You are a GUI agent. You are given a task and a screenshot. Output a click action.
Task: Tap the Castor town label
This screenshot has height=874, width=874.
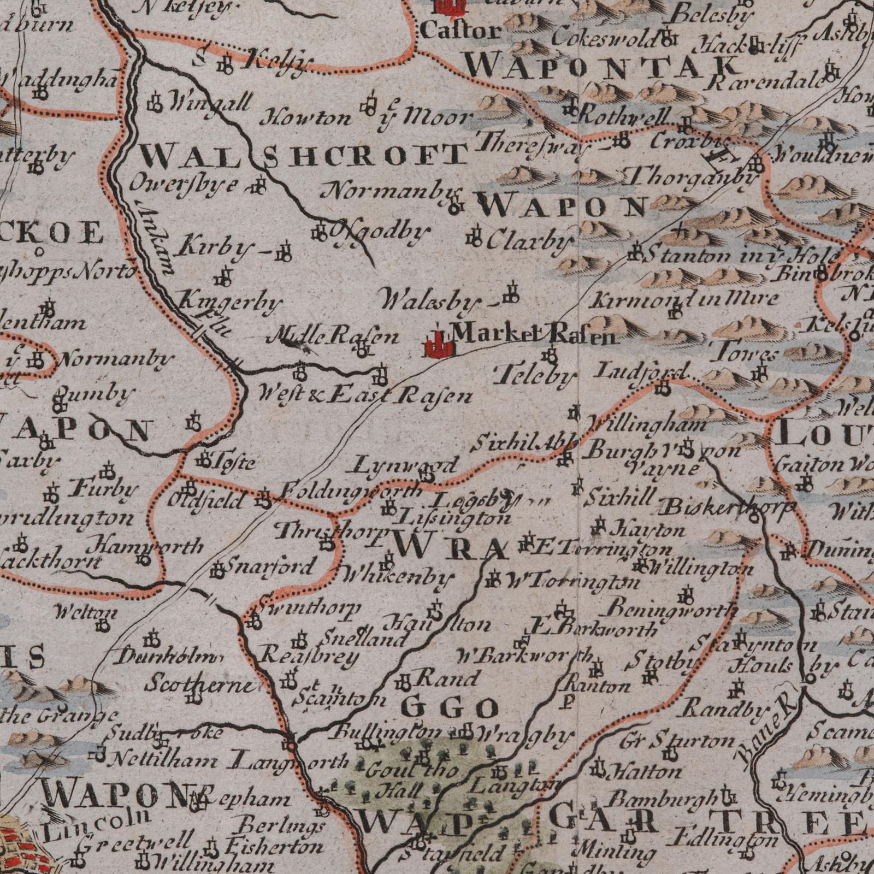click(460, 32)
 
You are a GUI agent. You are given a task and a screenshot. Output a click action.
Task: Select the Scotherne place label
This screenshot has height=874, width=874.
click(199, 684)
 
